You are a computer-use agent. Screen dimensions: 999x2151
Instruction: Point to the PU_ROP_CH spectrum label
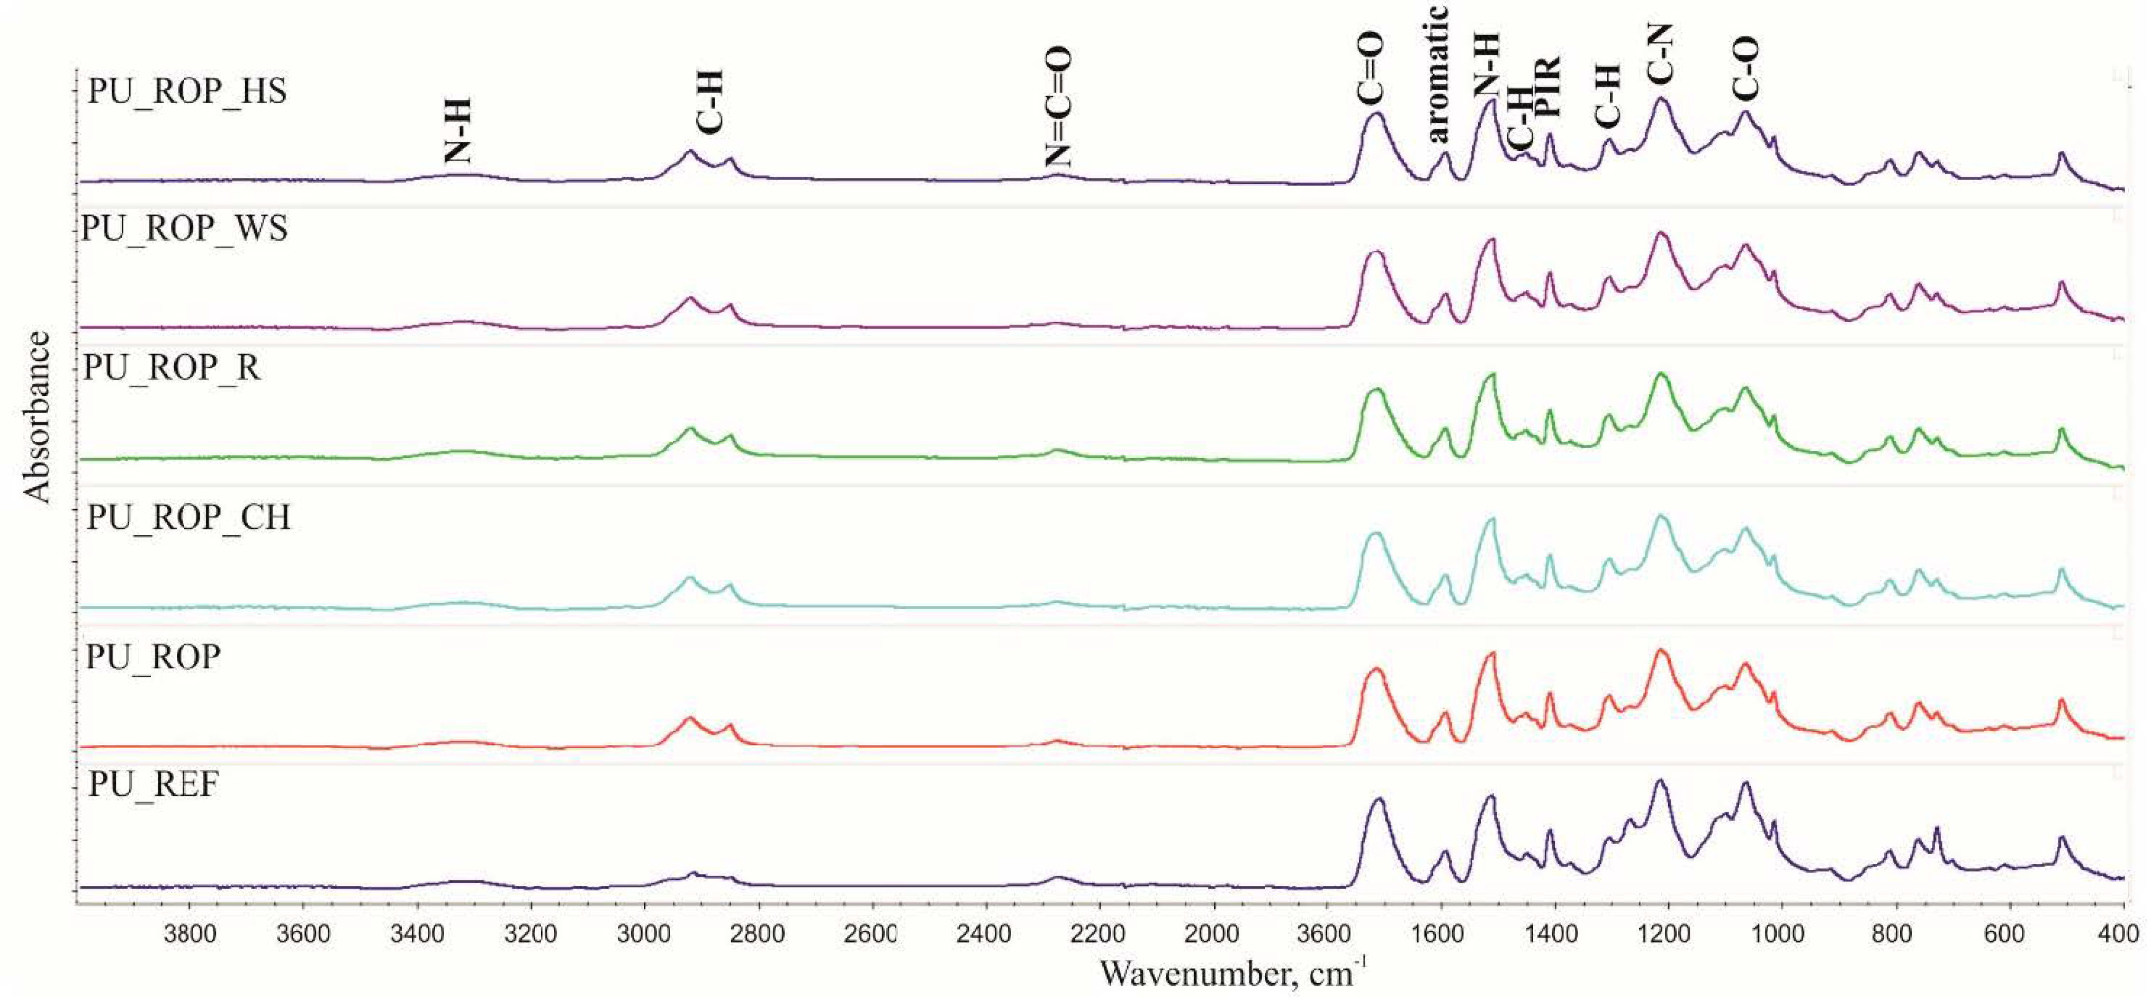[x=188, y=517]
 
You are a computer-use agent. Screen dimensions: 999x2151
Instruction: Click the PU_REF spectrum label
[x=153, y=785]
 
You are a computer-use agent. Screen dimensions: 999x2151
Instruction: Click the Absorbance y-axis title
[x=38, y=417]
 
